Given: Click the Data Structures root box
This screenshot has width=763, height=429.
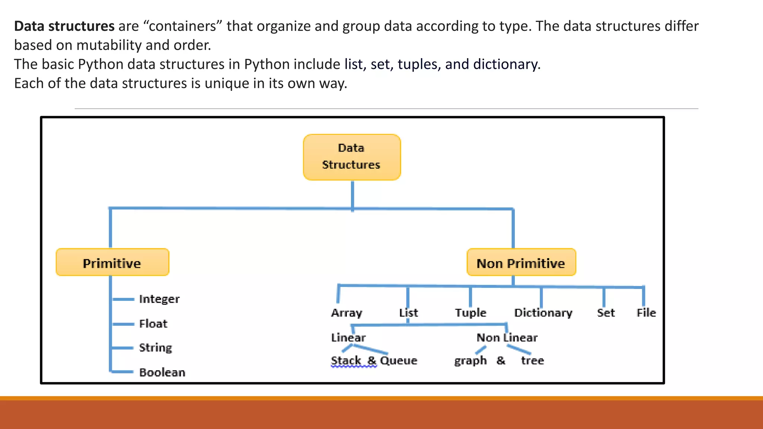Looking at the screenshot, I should click(x=352, y=157).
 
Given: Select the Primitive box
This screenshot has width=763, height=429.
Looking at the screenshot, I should click(x=112, y=263).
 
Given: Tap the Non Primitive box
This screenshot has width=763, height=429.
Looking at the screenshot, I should click(x=521, y=263).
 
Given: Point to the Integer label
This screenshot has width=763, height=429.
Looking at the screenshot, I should click(x=159, y=299).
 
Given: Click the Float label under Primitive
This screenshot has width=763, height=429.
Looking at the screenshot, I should click(x=153, y=324).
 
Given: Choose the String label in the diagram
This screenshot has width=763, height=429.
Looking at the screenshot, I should click(x=155, y=348).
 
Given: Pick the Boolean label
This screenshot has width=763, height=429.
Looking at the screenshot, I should click(x=162, y=372).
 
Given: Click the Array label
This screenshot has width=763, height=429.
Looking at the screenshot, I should click(x=346, y=313).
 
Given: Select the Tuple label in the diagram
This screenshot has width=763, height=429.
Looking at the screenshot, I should click(x=471, y=313).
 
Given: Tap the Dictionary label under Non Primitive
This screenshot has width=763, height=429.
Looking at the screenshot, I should click(x=543, y=313).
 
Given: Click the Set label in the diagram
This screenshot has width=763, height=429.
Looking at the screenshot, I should click(x=606, y=313).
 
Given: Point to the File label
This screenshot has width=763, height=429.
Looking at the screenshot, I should click(x=646, y=313).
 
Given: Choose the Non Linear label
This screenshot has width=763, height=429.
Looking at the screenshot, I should click(x=507, y=338).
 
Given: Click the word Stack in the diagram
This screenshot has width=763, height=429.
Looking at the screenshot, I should click(x=346, y=360).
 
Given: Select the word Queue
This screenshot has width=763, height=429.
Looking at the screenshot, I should click(x=399, y=360).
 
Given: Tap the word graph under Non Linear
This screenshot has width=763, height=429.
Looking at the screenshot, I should click(x=470, y=361).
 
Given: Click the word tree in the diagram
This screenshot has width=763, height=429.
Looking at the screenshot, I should click(x=532, y=360).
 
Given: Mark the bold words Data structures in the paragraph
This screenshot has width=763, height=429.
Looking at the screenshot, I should click(x=64, y=26).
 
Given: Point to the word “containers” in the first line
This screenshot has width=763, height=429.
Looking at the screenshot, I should click(x=183, y=26).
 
